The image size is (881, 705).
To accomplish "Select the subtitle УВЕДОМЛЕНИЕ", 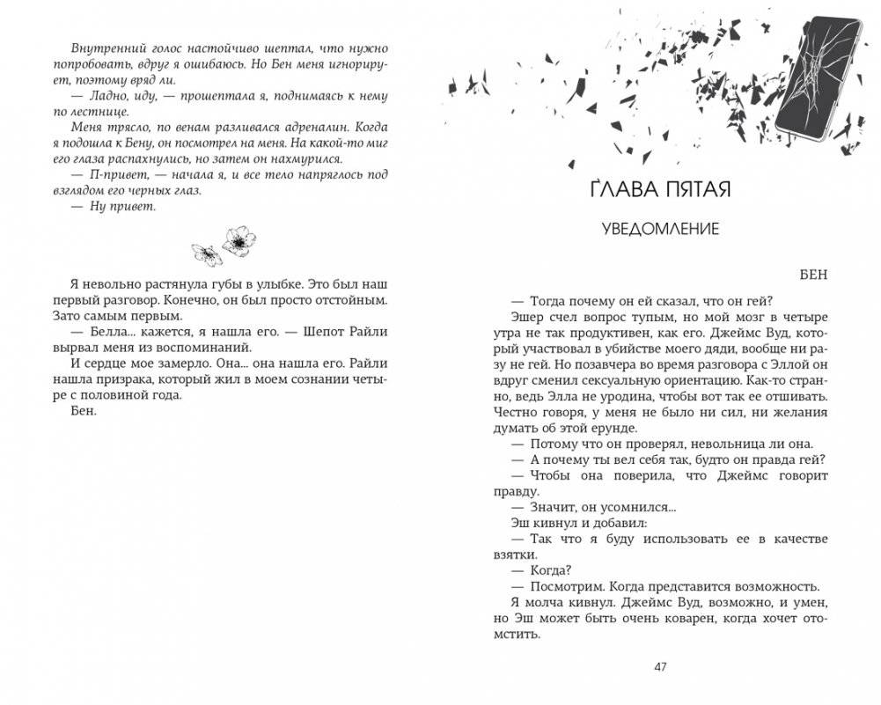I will point(660,229).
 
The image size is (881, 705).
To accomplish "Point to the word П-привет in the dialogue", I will point(111,174).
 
